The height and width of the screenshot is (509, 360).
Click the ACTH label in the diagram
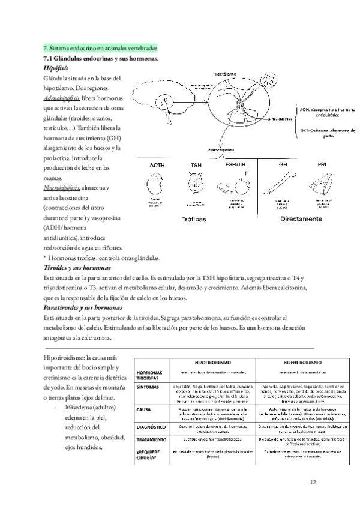point(157,164)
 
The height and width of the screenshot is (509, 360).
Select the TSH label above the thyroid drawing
point(196,164)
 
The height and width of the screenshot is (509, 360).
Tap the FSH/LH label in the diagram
point(236,164)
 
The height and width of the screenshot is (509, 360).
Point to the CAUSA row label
point(145,410)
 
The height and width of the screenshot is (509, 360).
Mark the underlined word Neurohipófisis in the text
point(59,188)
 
